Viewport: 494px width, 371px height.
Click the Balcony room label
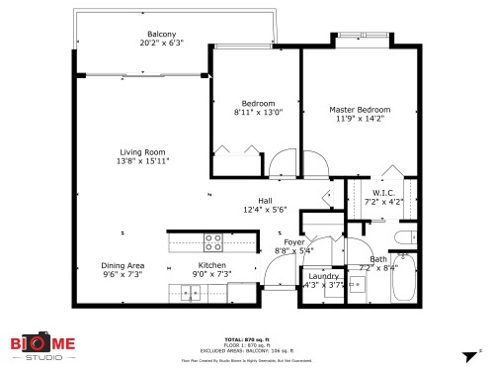click(161, 34)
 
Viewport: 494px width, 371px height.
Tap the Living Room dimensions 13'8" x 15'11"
click(143, 160)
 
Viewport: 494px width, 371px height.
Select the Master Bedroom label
click(360, 110)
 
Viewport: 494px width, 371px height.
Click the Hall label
click(265, 200)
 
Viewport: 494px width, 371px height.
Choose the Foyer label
click(294, 241)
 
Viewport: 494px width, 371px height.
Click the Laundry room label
click(324, 276)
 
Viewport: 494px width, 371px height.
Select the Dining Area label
click(123, 265)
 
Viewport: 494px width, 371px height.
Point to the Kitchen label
click(213, 265)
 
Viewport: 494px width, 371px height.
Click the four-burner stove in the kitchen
click(212, 240)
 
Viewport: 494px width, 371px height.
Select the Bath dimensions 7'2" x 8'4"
click(378, 267)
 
